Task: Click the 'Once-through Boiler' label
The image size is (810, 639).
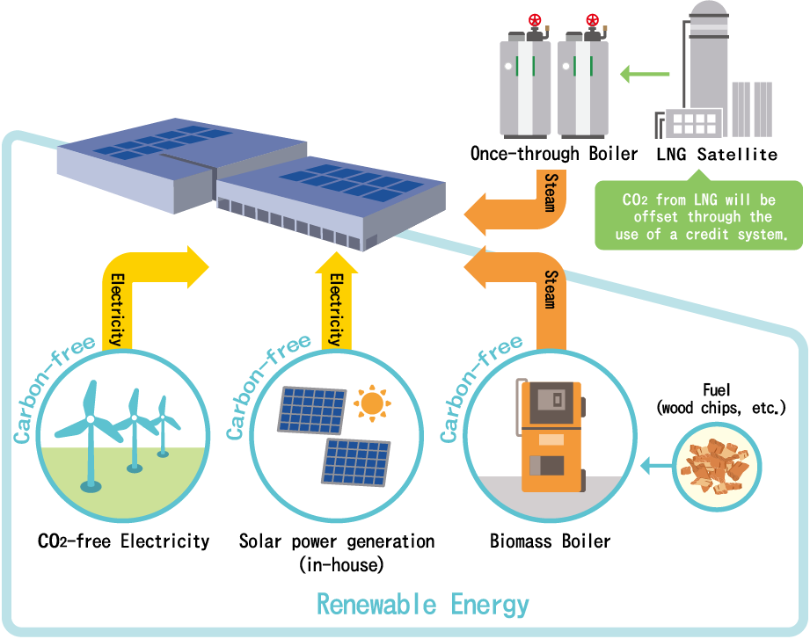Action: click(553, 155)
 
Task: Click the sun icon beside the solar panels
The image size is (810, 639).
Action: click(371, 403)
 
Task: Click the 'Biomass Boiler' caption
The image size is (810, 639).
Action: click(550, 541)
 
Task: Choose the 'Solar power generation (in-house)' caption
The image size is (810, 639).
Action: click(337, 551)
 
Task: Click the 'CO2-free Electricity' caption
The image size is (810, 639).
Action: click(124, 541)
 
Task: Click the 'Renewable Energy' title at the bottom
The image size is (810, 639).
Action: click(423, 606)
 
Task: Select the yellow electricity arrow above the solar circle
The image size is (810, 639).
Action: click(335, 299)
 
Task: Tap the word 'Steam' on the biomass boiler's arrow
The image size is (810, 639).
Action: click(549, 289)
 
